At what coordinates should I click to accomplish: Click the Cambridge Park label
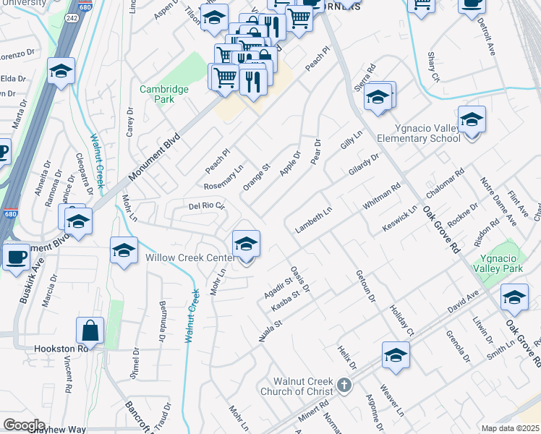click(x=165, y=95)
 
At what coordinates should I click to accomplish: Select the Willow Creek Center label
click(x=190, y=258)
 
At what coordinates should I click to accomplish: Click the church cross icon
click(x=345, y=386)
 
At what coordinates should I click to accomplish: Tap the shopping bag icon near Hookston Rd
click(x=91, y=331)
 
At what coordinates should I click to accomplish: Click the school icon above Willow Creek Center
click(x=246, y=244)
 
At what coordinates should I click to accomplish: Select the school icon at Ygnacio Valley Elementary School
click(x=472, y=120)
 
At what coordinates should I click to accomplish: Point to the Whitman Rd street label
click(x=382, y=197)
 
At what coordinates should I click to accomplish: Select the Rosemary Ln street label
click(x=223, y=177)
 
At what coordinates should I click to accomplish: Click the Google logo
click(x=25, y=425)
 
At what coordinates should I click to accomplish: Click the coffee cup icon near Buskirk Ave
click(x=16, y=256)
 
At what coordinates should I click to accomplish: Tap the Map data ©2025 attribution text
click(x=510, y=428)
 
